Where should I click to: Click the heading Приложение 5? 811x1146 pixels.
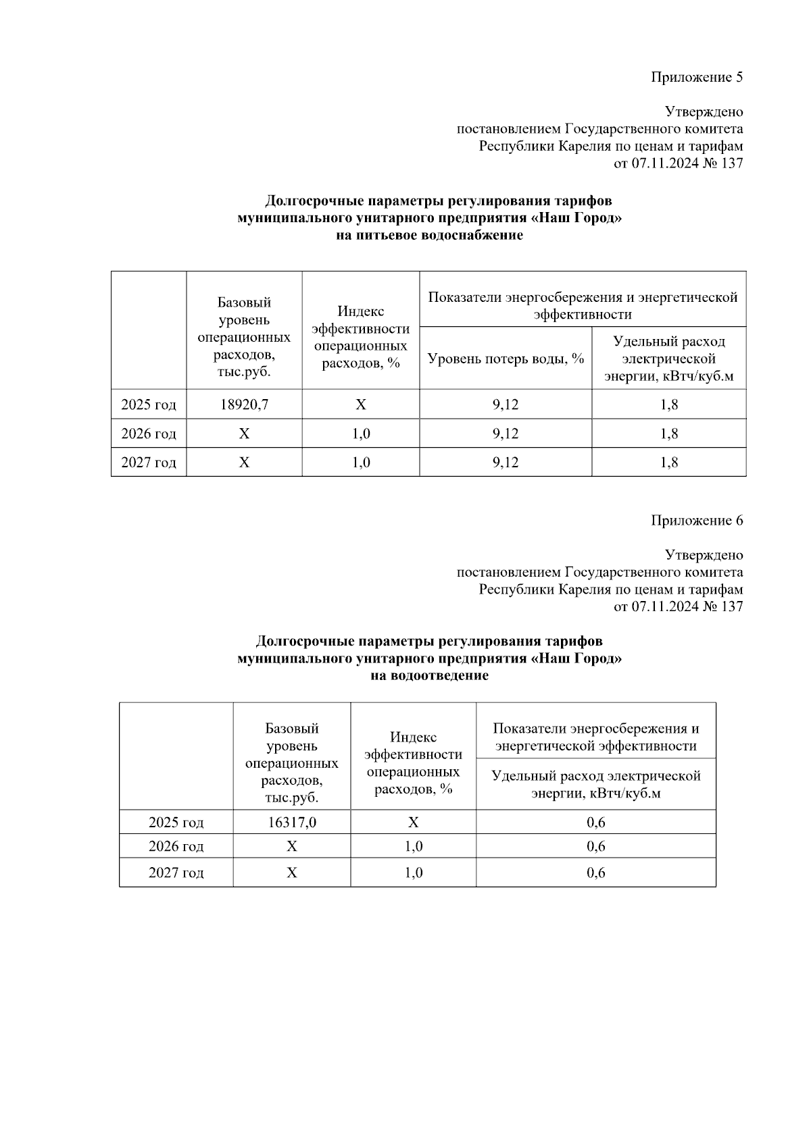coord(697,77)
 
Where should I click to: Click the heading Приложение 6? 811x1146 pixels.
coord(697,521)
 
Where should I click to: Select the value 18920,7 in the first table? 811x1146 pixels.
coord(244,405)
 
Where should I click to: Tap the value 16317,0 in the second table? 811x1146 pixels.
coord(291,823)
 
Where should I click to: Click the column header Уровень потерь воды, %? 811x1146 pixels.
coord(506,359)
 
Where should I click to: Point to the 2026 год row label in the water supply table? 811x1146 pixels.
coord(149,434)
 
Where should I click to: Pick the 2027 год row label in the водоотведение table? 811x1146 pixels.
coord(176,872)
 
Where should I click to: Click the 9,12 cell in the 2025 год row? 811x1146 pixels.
coord(506,405)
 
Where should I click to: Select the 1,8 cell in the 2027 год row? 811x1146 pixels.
coord(669,463)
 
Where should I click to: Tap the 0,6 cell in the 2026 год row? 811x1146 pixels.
coord(595,846)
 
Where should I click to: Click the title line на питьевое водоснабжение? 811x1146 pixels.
coord(430,236)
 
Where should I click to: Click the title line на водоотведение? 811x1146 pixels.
coord(430,676)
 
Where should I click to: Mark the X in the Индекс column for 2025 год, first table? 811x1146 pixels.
coord(361,405)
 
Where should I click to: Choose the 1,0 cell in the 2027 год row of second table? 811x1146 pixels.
coord(413,872)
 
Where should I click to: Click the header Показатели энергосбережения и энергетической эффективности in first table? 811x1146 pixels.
coord(583,305)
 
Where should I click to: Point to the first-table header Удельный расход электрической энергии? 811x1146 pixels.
coord(669,359)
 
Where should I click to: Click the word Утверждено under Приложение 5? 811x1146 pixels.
coord(704,111)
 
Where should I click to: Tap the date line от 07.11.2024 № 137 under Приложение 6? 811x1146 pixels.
coord(678,606)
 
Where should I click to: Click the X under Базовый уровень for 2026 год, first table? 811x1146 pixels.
coord(244,434)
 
